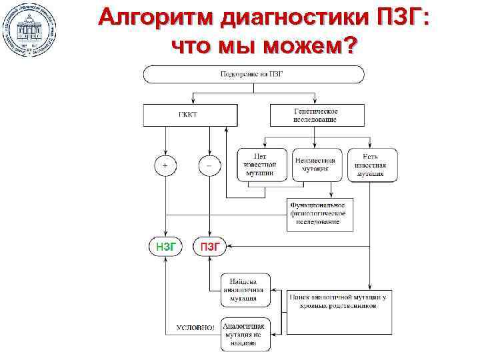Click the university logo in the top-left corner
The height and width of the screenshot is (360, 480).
click(x=29, y=29)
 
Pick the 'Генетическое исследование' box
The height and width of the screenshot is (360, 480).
click(x=316, y=115)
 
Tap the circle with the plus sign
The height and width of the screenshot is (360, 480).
click(x=165, y=165)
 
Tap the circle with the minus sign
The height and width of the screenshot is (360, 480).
click(x=209, y=165)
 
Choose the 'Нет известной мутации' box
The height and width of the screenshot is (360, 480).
click(x=262, y=164)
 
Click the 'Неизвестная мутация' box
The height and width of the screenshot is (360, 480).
click(x=317, y=164)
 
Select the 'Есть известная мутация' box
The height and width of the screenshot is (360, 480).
click(x=372, y=164)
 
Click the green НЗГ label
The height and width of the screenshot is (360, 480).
click(x=165, y=247)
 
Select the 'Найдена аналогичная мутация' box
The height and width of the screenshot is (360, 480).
click(x=245, y=289)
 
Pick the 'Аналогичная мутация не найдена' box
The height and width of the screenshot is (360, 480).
click(x=245, y=334)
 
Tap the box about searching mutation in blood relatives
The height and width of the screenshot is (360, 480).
click(x=339, y=311)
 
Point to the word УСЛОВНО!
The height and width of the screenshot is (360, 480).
click(x=195, y=328)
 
